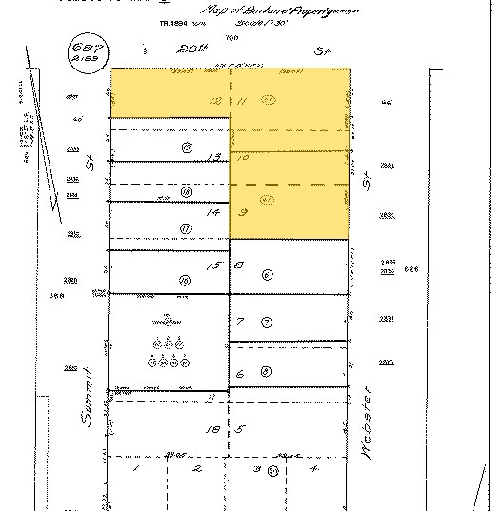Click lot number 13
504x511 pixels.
point(215,156)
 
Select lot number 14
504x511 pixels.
point(215,213)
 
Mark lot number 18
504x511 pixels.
point(214,431)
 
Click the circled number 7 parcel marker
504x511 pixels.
point(267,323)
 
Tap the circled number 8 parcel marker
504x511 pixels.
point(266,372)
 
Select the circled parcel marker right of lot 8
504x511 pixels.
point(268,274)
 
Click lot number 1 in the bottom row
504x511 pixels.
point(136,469)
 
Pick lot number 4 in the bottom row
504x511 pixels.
point(313,468)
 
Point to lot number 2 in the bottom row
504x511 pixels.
point(196,469)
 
